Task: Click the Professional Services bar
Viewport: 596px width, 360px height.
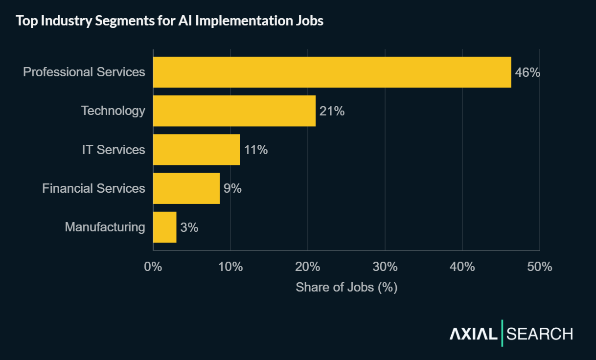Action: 332,72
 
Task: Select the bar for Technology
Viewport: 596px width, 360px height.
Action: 234,111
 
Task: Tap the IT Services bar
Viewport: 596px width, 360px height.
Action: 196,149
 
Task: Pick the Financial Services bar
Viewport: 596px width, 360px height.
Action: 186,188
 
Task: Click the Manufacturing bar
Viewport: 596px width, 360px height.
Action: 164,227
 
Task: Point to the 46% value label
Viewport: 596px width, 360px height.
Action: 527,72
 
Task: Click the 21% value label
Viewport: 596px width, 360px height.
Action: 332,111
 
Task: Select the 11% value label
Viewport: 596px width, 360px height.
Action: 255,150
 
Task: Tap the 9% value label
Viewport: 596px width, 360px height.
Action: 232,188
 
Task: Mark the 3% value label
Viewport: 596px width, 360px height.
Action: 189,227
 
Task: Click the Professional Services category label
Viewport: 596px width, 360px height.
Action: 84,72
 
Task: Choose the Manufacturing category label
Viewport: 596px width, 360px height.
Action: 105,227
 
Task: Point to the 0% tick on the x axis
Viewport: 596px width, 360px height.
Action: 153,267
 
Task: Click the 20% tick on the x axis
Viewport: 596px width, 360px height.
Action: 308,267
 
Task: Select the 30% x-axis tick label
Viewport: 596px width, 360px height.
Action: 385,267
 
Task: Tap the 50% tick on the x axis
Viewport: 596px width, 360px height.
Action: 540,267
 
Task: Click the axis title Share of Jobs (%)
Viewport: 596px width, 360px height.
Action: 346,287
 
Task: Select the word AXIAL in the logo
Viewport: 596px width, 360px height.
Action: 473,334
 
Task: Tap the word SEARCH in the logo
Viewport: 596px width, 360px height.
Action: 540,334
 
